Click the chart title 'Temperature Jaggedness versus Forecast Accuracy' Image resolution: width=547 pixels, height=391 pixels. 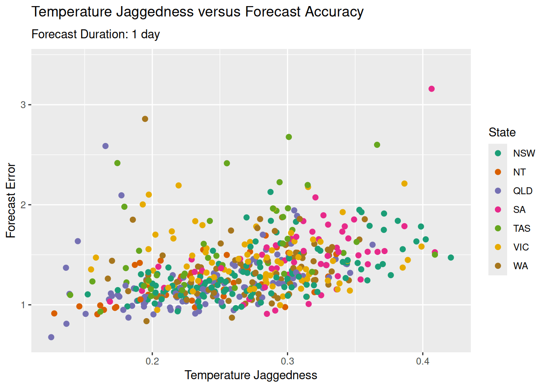pos(197,12)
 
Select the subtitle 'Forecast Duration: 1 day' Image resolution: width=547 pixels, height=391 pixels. pos(96,34)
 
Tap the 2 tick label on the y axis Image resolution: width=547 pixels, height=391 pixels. pos(23,205)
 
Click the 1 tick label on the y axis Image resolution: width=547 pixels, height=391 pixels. pos(23,305)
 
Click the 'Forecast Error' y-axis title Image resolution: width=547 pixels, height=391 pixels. pos(11,200)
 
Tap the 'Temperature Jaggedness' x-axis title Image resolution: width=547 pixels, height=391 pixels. pos(251,375)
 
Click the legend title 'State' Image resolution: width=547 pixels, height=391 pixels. pos(502,132)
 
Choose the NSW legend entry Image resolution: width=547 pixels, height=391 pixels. pos(524,153)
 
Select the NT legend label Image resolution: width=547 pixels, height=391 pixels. pos(519,172)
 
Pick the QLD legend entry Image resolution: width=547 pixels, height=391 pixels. pos(523,191)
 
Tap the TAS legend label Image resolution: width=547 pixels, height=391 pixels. pos(521,228)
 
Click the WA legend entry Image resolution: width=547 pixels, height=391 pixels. pos(521,266)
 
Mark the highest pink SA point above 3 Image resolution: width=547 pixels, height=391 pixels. pos(431,89)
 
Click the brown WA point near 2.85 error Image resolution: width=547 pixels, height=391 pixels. pos(145,119)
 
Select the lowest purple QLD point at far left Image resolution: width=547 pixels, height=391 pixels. pos(51,337)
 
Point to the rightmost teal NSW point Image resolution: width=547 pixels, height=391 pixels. pos(451,257)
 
